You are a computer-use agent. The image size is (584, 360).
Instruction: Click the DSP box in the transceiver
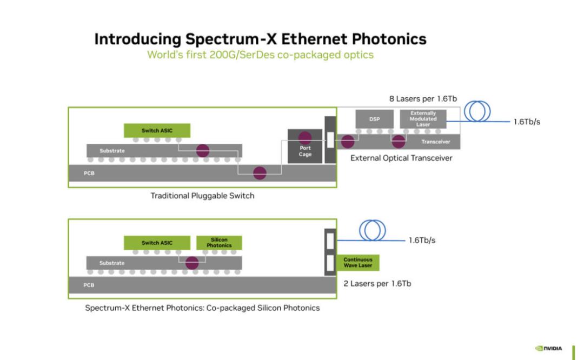tap(374, 119)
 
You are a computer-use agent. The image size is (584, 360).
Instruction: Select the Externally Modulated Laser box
tap(423, 119)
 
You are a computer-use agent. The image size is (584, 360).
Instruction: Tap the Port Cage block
tap(304, 146)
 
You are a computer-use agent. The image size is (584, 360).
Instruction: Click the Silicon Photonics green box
tap(219, 243)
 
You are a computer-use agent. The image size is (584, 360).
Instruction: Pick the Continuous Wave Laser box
tap(358, 263)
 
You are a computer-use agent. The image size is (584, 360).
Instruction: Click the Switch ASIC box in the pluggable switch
tap(157, 131)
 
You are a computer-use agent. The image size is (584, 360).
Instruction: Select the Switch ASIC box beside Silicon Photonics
tap(157, 243)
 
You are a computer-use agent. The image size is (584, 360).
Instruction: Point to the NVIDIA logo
tap(549, 349)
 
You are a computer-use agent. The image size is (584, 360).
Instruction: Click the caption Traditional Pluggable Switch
tap(202, 196)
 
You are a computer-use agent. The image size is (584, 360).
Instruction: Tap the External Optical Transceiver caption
tap(401, 158)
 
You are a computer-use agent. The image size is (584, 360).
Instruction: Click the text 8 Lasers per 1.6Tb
tap(423, 99)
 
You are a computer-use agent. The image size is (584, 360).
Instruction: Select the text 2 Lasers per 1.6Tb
tap(377, 284)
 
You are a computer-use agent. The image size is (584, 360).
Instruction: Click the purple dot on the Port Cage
tap(304, 138)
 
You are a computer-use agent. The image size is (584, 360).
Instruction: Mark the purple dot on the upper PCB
tap(260, 173)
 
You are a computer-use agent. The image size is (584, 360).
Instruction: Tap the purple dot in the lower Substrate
tap(192, 263)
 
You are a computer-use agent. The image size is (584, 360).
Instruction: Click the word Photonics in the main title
tap(389, 39)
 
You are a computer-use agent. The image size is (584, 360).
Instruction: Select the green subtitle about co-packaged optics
tap(260, 55)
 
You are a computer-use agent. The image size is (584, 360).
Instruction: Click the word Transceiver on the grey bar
tap(436, 142)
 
